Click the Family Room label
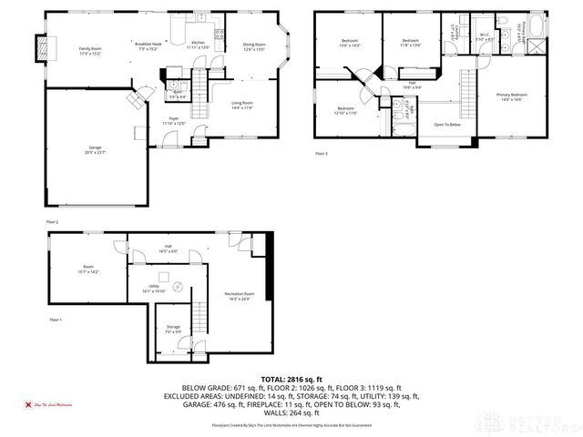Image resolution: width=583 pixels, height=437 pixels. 89,50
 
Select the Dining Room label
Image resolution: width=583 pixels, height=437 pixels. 254,46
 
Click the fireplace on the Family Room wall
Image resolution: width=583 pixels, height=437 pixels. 39,46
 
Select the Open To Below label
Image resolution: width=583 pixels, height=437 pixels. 447,125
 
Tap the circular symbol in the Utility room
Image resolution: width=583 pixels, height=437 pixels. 179,287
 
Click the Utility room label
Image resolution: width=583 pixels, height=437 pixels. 154,289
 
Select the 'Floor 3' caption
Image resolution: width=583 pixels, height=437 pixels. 321,154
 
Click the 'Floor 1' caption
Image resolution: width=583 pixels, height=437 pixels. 56,320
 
